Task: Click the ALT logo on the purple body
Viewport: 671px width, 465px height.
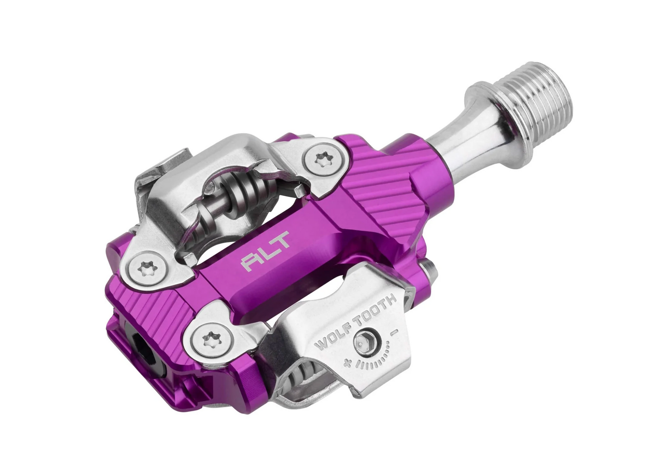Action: coord(266,251)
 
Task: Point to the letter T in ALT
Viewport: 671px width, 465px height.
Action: coord(281,241)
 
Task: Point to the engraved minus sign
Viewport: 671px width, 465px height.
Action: coord(395,331)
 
